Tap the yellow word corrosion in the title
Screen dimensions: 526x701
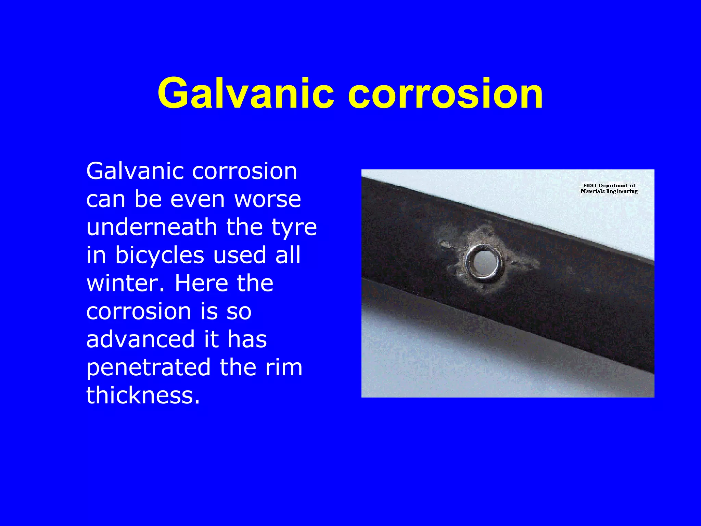(x=445, y=93)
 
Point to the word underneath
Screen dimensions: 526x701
(x=152, y=227)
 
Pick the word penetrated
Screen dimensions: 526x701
(x=148, y=367)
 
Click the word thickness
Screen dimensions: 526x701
(x=143, y=395)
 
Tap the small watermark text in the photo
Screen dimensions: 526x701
(x=609, y=189)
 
